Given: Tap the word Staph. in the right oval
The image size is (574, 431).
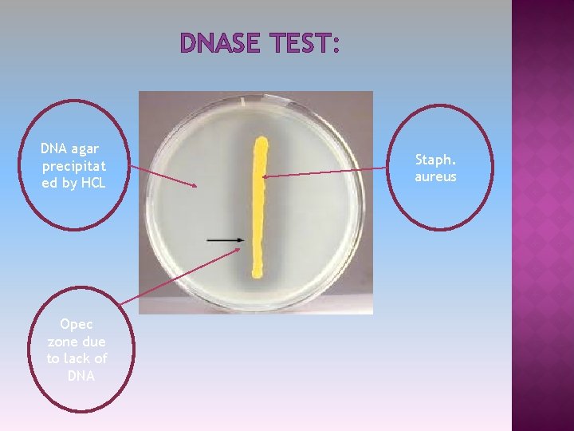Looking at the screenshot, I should click(435, 159).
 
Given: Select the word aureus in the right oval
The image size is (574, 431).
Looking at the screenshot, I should click(435, 176).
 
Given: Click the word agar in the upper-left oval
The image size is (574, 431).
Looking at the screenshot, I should click(85, 148).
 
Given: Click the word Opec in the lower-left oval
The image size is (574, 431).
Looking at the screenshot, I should click(77, 324).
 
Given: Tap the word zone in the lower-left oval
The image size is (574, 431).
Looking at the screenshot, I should click(63, 342).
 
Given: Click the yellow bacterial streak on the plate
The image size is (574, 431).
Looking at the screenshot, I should click(259, 208).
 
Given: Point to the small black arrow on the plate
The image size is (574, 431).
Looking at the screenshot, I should click(226, 239).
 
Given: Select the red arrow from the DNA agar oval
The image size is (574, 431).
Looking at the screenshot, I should click(163, 176).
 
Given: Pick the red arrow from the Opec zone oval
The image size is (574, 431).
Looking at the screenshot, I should click(179, 275).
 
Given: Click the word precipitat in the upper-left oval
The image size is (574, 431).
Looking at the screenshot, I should click(74, 166).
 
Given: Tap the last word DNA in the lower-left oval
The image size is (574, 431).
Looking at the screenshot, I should click(81, 375).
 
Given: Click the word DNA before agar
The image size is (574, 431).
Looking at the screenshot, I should click(54, 148).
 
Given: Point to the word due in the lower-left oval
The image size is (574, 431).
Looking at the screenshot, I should click(93, 342).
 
